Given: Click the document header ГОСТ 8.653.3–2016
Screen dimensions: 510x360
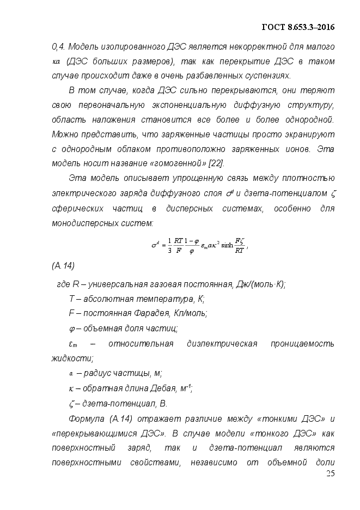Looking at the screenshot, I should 298,27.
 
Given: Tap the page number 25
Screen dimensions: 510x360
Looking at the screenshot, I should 330,473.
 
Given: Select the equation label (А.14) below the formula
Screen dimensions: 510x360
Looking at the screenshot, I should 63,265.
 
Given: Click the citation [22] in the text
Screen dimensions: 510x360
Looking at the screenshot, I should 215,163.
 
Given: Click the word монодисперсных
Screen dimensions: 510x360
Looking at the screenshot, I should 87,223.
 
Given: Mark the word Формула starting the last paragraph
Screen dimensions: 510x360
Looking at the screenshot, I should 88,418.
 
